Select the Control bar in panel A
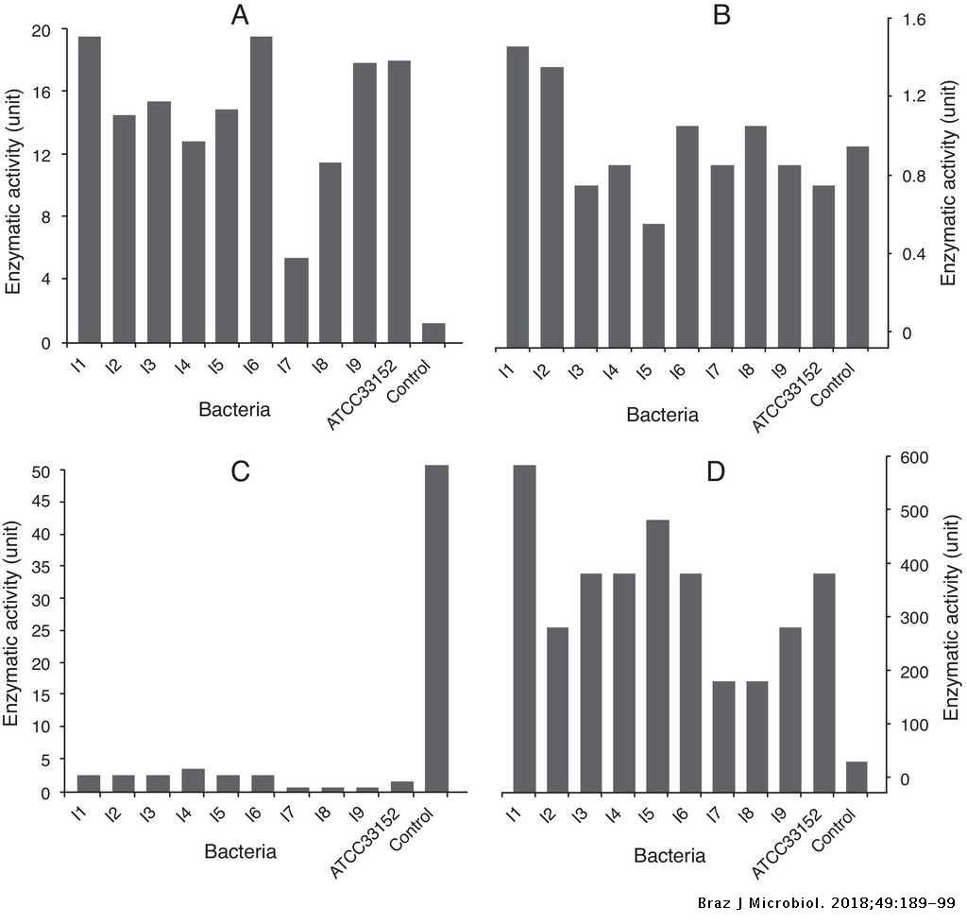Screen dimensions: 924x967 coord(433,333)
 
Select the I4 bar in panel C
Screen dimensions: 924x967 coord(193,780)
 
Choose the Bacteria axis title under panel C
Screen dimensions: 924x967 coord(241,851)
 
